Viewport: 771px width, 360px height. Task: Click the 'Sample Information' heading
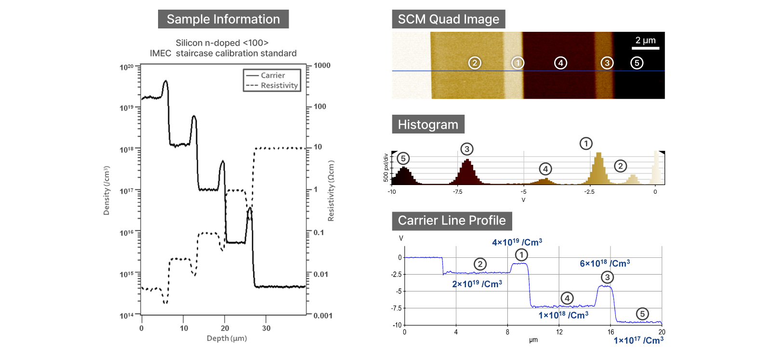pyautogui.click(x=223, y=19)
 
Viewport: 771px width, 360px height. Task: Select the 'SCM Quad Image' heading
pyautogui.click(x=448, y=19)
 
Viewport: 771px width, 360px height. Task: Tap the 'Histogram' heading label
pyautogui.click(x=428, y=124)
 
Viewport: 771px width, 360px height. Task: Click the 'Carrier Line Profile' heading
pyautogui.click(x=452, y=221)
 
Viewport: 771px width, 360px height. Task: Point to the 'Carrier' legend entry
pyautogui.click(x=272, y=75)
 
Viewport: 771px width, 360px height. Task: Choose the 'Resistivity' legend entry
pyautogui.click(x=279, y=85)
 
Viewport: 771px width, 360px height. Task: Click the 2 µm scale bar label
pyautogui.click(x=645, y=40)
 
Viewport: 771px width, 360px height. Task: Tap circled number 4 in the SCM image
pyautogui.click(x=560, y=63)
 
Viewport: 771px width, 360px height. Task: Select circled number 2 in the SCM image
pyautogui.click(x=475, y=63)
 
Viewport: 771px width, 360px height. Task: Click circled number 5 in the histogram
pyautogui.click(x=403, y=159)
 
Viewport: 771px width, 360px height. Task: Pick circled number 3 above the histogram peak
pyautogui.click(x=466, y=149)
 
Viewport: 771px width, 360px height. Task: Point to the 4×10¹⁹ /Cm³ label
pyautogui.click(x=517, y=242)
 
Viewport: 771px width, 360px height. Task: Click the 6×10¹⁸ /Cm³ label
pyautogui.click(x=605, y=263)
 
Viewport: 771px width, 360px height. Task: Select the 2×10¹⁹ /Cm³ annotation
pyautogui.click(x=477, y=284)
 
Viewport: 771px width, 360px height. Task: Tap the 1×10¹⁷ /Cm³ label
pyautogui.click(x=638, y=340)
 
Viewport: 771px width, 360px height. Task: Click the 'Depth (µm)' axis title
pyautogui.click(x=226, y=338)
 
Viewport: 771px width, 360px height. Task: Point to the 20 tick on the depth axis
pyautogui.click(x=225, y=328)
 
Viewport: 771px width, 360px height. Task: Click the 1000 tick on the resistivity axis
pyautogui.click(x=322, y=66)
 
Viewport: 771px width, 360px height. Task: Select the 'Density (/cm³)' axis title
pyautogui.click(x=106, y=190)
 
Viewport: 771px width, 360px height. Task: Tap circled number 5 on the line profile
pyautogui.click(x=642, y=314)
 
